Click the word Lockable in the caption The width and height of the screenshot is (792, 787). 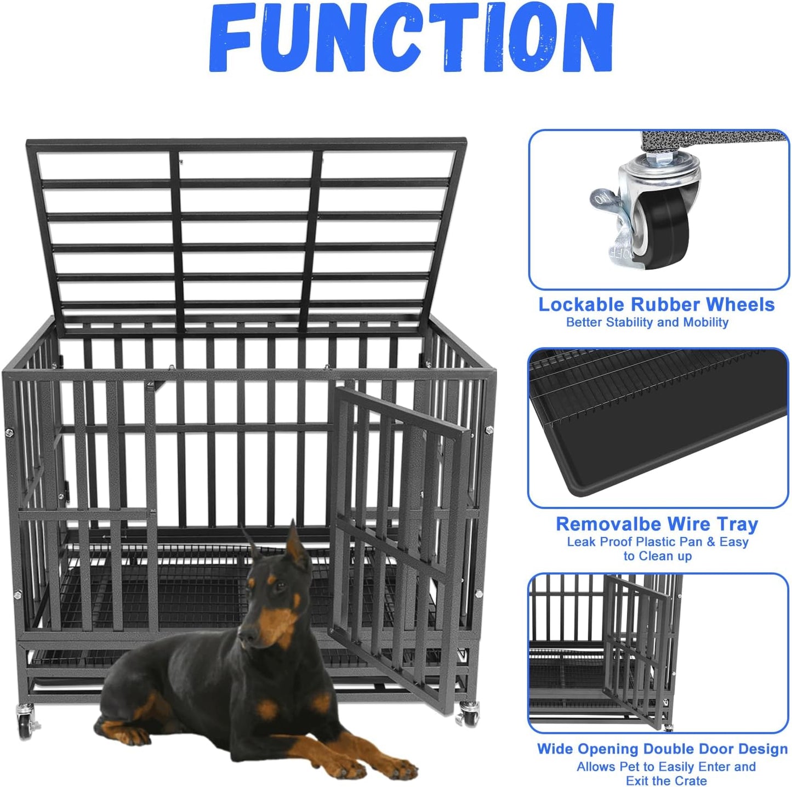581,305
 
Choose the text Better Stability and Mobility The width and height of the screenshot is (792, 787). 647,322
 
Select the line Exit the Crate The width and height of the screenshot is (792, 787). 666,780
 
